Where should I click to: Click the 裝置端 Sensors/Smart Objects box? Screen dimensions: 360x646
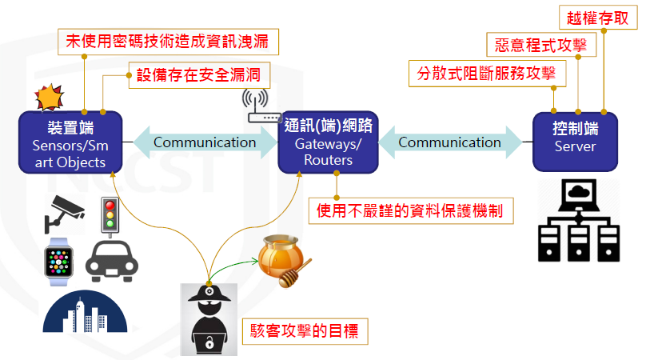click(70, 142)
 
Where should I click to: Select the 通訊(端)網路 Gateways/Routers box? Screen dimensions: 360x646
click(328, 142)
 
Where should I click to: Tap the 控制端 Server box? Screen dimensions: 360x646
click(575, 141)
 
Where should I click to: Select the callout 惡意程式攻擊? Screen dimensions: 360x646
click(541, 45)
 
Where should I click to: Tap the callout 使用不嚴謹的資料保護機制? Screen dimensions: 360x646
click(411, 211)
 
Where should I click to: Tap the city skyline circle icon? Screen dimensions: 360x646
click(80, 314)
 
